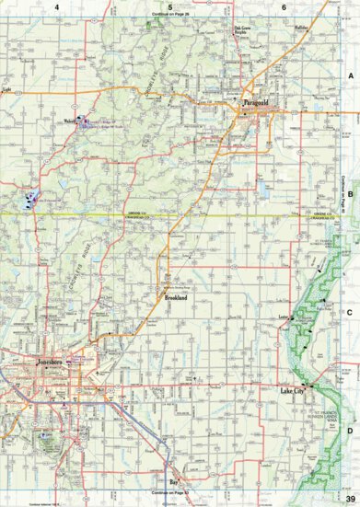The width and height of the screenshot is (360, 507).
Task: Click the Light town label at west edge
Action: [6, 89]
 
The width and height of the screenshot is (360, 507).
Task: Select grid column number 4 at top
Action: [57, 7]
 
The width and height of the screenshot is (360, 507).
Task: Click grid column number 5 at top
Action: [170, 7]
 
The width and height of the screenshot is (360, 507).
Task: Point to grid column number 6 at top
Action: [284, 7]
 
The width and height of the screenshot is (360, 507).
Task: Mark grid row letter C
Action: [350, 313]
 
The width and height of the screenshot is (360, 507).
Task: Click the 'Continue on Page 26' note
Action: [170, 16]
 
